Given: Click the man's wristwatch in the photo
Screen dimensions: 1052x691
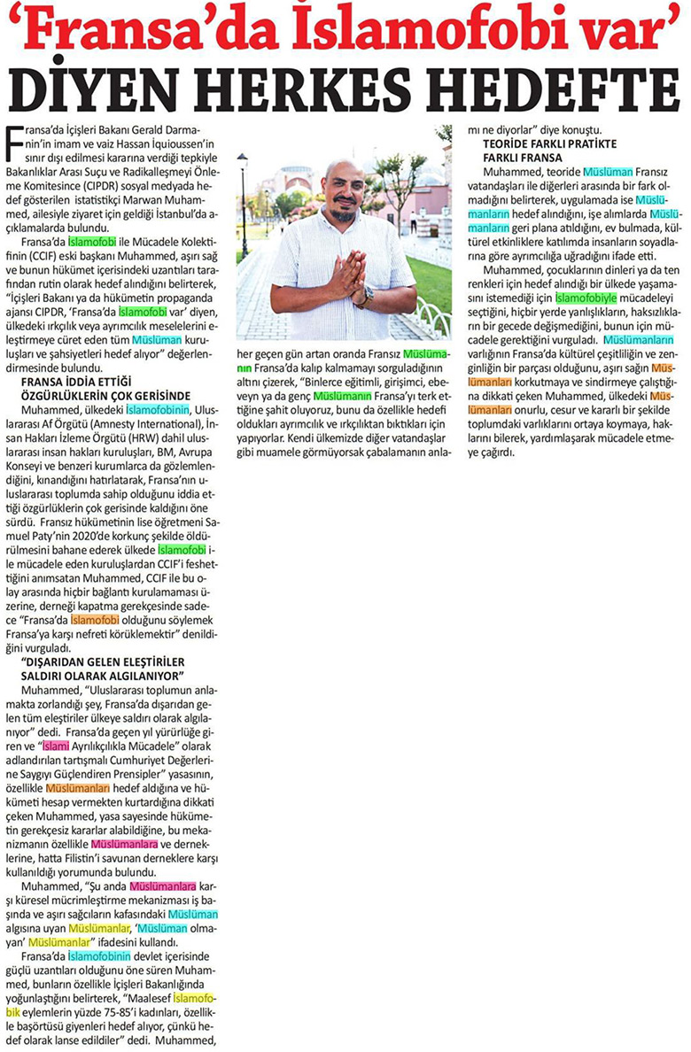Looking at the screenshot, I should coord(363,296).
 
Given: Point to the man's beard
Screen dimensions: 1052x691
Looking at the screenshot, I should coord(344,213).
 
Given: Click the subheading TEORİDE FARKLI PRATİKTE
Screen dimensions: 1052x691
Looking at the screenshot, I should coord(550,143).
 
